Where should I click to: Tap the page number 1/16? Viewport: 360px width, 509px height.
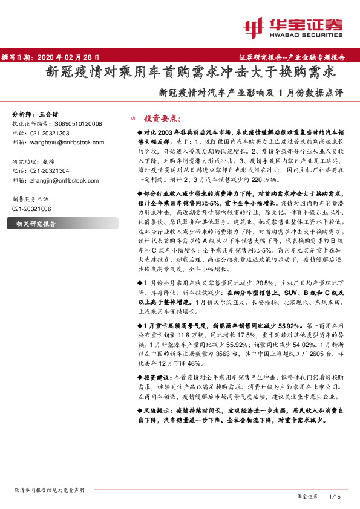(x=335, y=497)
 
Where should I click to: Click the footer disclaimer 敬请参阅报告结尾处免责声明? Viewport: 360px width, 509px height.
(x=45, y=490)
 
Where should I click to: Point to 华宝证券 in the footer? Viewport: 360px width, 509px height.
(x=307, y=497)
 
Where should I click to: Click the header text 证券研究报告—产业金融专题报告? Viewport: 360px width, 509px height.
(x=296, y=57)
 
